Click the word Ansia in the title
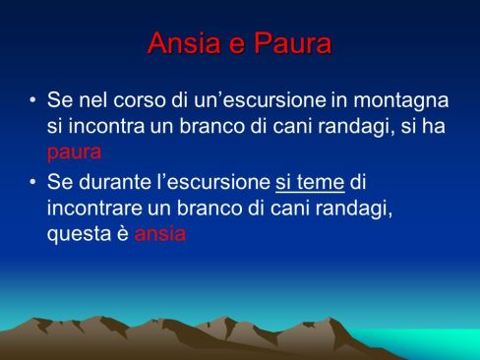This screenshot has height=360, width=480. coord(181,43)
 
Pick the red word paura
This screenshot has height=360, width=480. coord(74,152)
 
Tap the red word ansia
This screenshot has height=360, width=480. coord(161,234)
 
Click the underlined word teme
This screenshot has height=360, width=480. coord(325,182)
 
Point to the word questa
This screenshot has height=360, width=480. coord(76,234)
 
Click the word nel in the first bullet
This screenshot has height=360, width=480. coord(92,102)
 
